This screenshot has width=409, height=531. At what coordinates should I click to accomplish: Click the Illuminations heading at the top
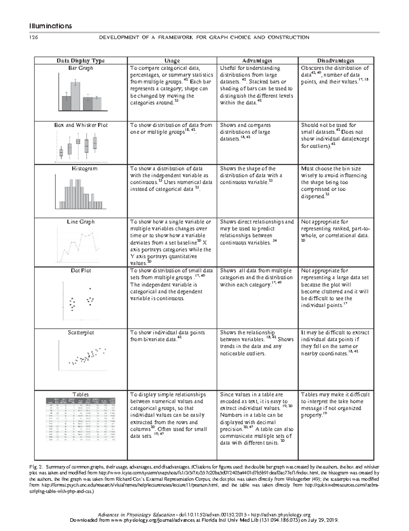(x=50, y=26)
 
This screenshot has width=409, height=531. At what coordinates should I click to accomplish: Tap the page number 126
(x=34, y=37)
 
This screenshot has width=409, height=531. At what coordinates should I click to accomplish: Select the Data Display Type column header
(x=80, y=61)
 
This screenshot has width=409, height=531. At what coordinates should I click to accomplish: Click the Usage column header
(x=172, y=61)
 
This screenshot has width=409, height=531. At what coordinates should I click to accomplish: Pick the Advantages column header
(x=257, y=61)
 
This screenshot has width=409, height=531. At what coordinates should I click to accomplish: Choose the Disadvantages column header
(x=336, y=61)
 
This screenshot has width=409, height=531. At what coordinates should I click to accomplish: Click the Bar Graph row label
(x=80, y=68)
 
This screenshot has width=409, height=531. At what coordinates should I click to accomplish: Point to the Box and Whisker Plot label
(x=80, y=125)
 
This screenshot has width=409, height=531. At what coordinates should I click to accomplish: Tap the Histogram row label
(x=80, y=168)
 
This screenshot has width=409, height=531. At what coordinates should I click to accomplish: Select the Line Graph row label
(x=80, y=222)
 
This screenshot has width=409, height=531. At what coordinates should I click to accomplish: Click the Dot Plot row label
(x=80, y=270)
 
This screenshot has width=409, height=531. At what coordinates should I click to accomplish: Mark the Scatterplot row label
(x=80, y=332)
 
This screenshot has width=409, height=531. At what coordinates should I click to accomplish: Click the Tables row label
(x=80, y=394)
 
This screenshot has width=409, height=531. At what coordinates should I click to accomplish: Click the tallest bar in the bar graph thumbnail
(x=75, y=96)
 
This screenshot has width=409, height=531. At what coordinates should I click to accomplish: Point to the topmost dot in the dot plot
(x=90, y=289)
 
